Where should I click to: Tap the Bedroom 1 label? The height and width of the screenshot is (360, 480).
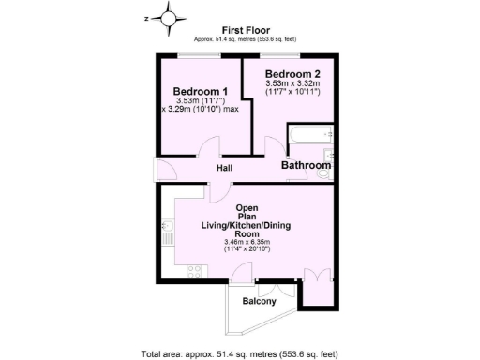point(201,90)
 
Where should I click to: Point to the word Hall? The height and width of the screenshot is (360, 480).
point(225,168)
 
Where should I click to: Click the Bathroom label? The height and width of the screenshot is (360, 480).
point(307,165)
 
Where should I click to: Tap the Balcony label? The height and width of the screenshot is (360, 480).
point(259,301)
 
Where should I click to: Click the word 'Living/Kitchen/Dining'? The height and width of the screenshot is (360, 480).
point(247,225)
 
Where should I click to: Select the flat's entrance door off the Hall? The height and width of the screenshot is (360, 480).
point(165,170)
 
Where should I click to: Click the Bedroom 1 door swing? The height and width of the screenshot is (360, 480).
point(208,148)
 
